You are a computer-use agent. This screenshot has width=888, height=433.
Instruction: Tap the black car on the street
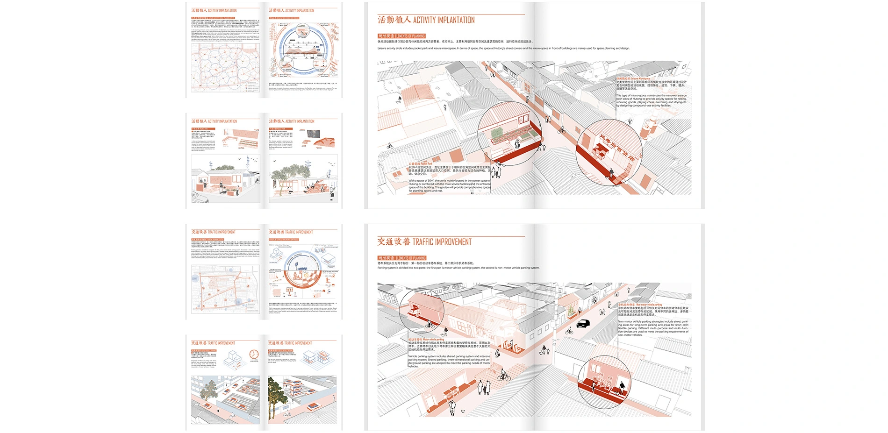coord(583,323)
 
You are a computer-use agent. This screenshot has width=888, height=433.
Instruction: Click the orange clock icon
coord(254,355)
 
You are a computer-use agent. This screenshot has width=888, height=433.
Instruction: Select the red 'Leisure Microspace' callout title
coord(633,78)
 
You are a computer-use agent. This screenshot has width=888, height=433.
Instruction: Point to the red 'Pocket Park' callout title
coord(421,164)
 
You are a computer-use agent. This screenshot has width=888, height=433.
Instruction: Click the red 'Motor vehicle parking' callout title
coord(426,340)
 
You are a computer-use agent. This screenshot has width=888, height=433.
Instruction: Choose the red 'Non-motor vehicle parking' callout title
coord(640,305)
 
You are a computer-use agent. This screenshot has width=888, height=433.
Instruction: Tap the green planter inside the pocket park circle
coord(497,133)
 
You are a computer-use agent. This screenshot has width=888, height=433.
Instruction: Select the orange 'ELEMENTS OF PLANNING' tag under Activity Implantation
coord(401,36)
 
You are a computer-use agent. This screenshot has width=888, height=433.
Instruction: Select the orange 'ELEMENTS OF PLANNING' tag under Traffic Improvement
coord(402,258)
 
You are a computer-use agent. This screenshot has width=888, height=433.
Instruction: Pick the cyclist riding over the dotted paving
coord(503,376)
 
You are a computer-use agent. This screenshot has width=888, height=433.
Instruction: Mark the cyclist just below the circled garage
coord(430,325)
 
